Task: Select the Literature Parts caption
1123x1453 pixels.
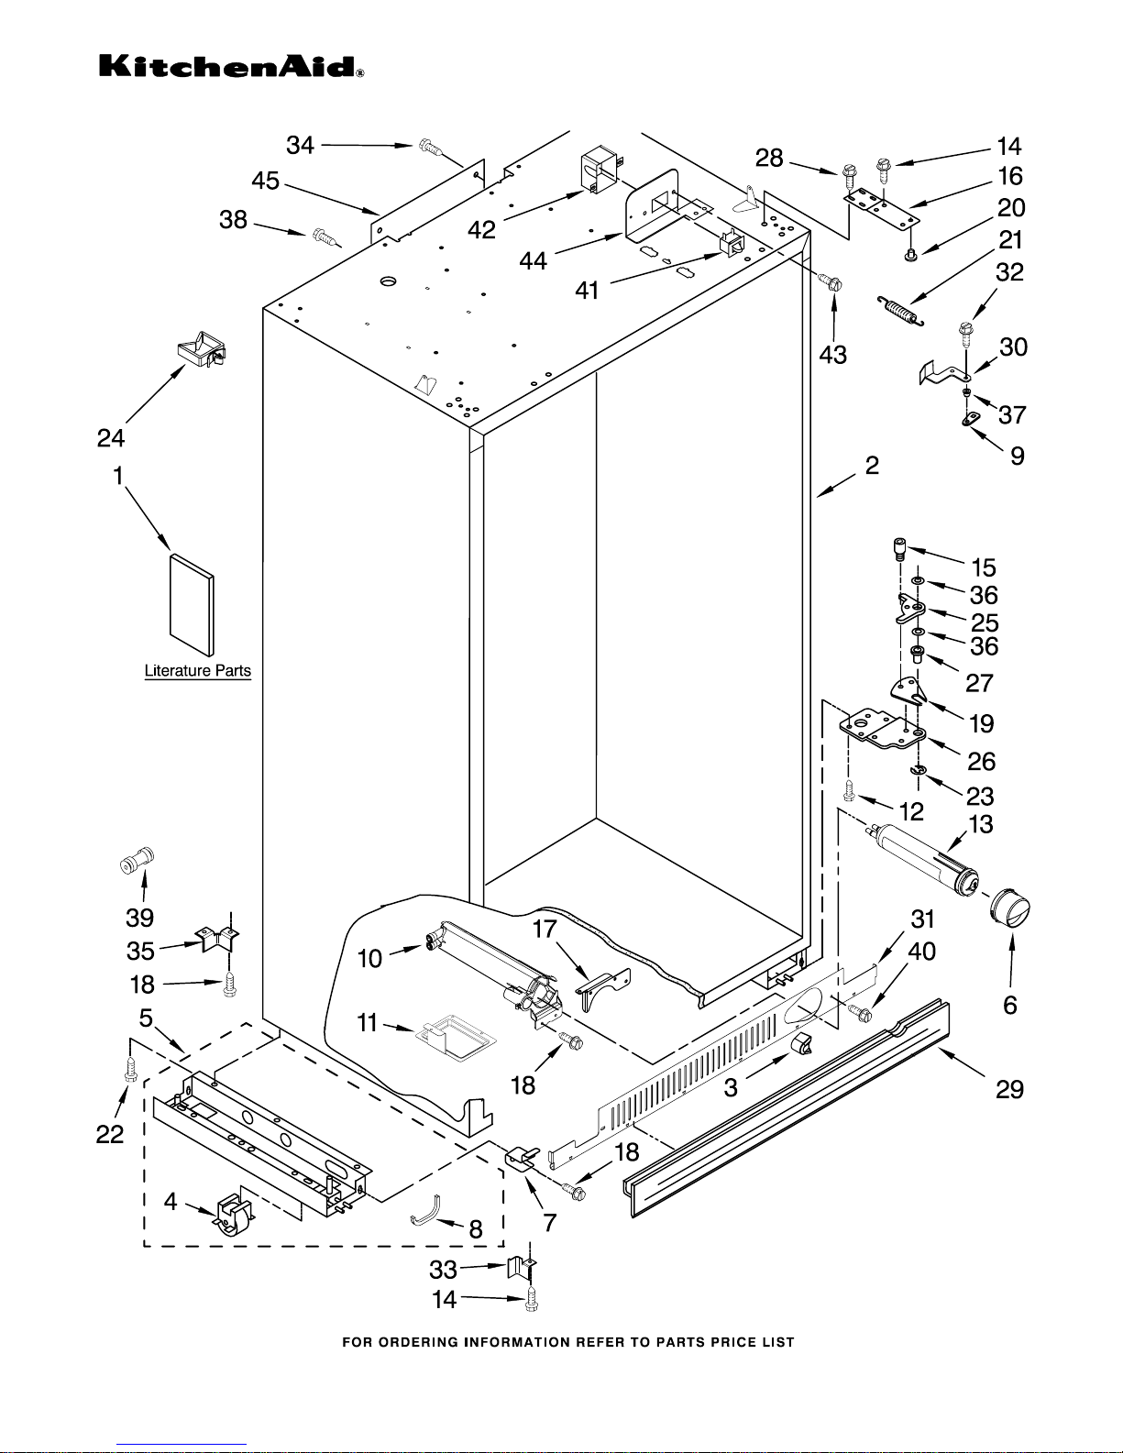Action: click(197, 671)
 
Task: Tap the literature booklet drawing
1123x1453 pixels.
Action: click(192, 606)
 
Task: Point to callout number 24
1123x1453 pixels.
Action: click(111, 438)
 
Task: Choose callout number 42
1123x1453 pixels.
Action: click(482, 229)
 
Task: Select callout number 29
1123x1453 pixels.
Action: click(1010, 1089)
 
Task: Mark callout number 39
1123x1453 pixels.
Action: click(139, 918)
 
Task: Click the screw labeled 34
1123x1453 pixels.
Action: click(429, 145)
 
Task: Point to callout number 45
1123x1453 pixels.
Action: click(266, 182)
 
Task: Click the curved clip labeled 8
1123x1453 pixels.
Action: click(424, 1211)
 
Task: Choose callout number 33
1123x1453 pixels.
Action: click(444, 1270)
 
